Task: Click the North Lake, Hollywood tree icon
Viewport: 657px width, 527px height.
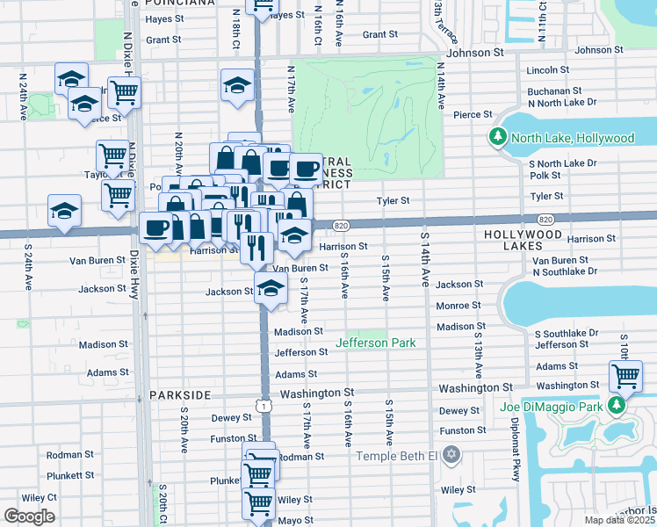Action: pyautogui.click(x=498, y=138)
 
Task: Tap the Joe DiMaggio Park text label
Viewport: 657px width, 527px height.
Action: pyautogui.click(x=559, y=407)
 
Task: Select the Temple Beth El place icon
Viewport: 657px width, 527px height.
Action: pyautogui.click(x=451, y=454)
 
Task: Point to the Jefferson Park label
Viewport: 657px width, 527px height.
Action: pyautogui.click(x=376, y=343)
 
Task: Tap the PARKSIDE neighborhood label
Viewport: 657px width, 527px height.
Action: pyautogui.click(x=181, y=395)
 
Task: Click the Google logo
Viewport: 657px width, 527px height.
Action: pyautogui.click(x=29, y=516)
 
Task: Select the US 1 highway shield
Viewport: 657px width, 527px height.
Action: pyautogui.click(x=262, y=405)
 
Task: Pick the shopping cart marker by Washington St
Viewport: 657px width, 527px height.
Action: pyautogui.click(x=625, y=376)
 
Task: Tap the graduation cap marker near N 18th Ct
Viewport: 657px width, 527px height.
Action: pyautogui.click(x=236, y=85)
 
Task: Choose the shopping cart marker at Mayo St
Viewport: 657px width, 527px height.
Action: pyautogui.click(x=257, y=502)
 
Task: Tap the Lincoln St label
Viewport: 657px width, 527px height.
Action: pyautogui.click(x=548, y=70)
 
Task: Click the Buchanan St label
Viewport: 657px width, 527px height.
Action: pyautogui.click(x=553, y=90)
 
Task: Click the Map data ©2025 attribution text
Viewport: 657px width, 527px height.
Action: pyautogui.click(x=619, y=520)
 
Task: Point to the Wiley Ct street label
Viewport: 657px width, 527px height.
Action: pyautogui.click(x=40, y=497)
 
